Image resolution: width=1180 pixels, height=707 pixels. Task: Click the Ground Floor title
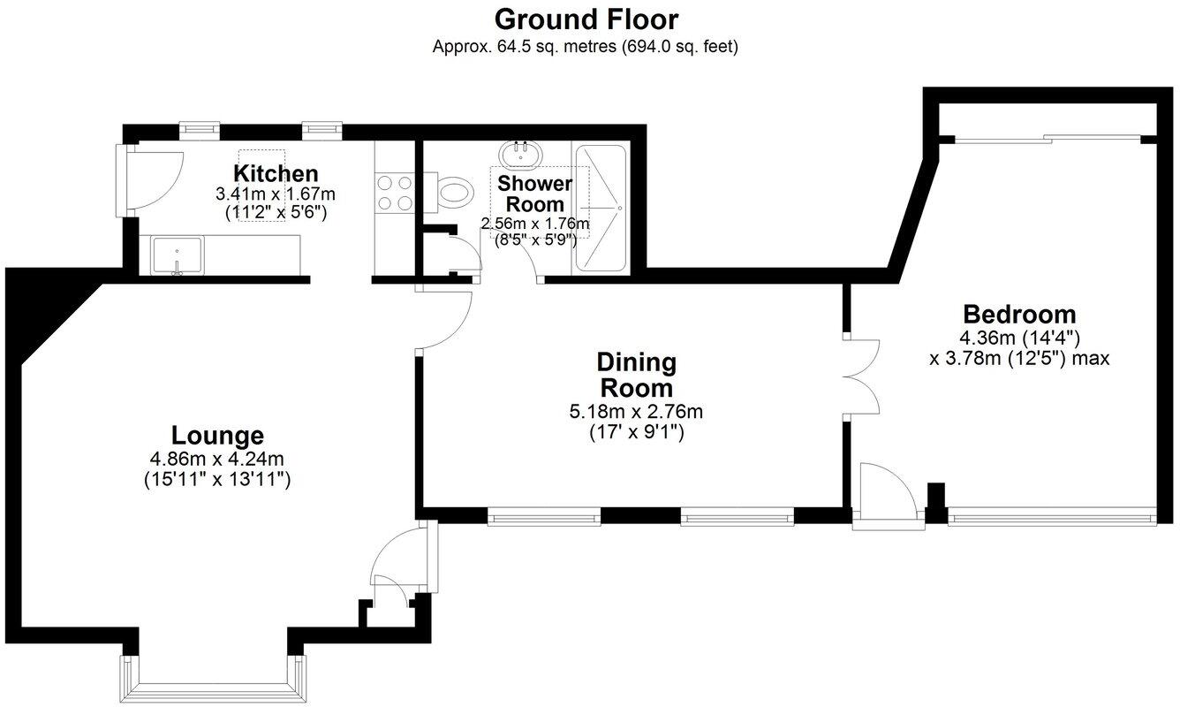click(x=586, y=19)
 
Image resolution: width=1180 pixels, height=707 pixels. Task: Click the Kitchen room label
click(x=276, y=173)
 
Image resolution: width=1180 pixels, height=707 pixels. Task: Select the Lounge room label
click(x=217, y=436)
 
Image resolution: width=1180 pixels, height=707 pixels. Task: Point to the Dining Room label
click(x=636, y=375)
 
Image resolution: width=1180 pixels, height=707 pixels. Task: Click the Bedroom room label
click(x=1019, y=314)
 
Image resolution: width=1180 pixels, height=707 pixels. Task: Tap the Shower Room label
click(x=534, y=194)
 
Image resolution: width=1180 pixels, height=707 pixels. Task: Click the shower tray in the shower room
click(x=601, y=209)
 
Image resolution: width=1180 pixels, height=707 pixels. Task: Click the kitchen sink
click(x=177, y=255)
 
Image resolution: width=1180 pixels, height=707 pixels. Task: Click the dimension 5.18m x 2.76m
click(x=636, y=412)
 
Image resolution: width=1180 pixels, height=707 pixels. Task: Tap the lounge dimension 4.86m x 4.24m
click(x=217, y=459)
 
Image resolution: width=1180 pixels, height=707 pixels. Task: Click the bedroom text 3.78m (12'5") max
click(x=1019, y=359)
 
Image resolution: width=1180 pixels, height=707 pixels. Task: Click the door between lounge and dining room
click(x=446, y=318)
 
